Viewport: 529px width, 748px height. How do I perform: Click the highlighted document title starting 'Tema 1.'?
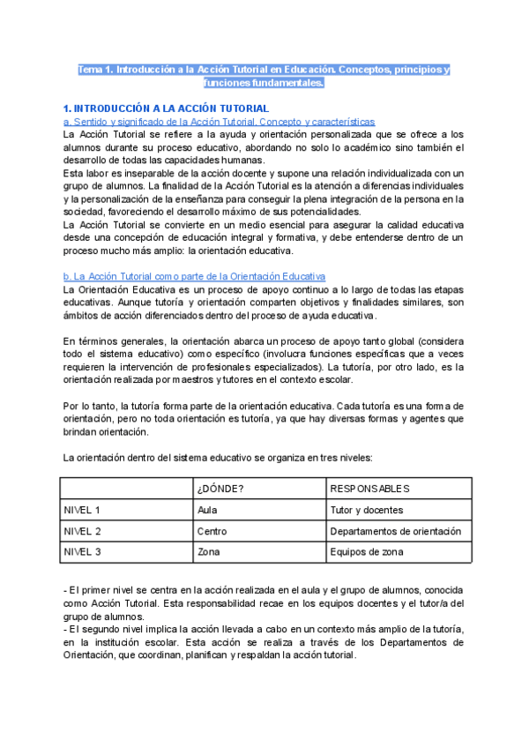[264, 76]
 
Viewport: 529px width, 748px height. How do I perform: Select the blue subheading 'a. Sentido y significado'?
[220, 121]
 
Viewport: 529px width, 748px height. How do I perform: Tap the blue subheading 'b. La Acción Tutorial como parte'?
[195, 276]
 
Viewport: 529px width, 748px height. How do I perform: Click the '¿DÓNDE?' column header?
[221, 488]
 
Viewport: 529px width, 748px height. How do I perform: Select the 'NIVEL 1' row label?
[82, 510]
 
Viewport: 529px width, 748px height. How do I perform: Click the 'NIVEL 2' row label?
[82, 531]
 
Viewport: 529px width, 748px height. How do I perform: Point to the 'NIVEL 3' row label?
[82, 552]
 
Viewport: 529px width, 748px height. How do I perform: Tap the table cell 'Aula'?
[208, 510]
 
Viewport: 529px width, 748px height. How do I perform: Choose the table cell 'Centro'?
[212, 531]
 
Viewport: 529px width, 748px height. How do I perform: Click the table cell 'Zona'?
[209, 552]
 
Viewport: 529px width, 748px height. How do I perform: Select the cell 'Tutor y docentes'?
[366, 510]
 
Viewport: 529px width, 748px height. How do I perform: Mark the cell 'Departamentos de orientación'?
[395, 531]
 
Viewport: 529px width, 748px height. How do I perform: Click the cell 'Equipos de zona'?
[367, 552]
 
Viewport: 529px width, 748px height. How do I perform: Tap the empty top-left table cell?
[125, 488]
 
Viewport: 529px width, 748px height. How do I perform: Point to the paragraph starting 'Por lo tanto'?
[264, 419]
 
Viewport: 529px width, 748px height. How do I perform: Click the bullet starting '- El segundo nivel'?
[264, 641]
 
